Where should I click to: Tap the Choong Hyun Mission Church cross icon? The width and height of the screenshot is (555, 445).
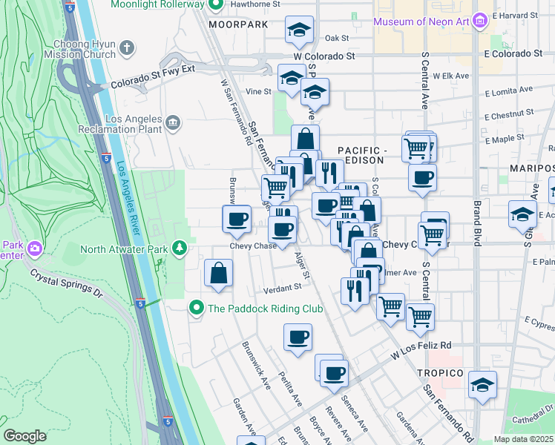point(127,49)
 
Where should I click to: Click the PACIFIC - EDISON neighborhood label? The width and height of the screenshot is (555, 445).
point(363,151)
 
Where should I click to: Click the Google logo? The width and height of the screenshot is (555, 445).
point(24,435)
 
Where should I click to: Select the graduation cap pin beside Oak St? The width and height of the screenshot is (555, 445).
point(299,30)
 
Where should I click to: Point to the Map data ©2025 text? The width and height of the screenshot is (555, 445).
point(524,439)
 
